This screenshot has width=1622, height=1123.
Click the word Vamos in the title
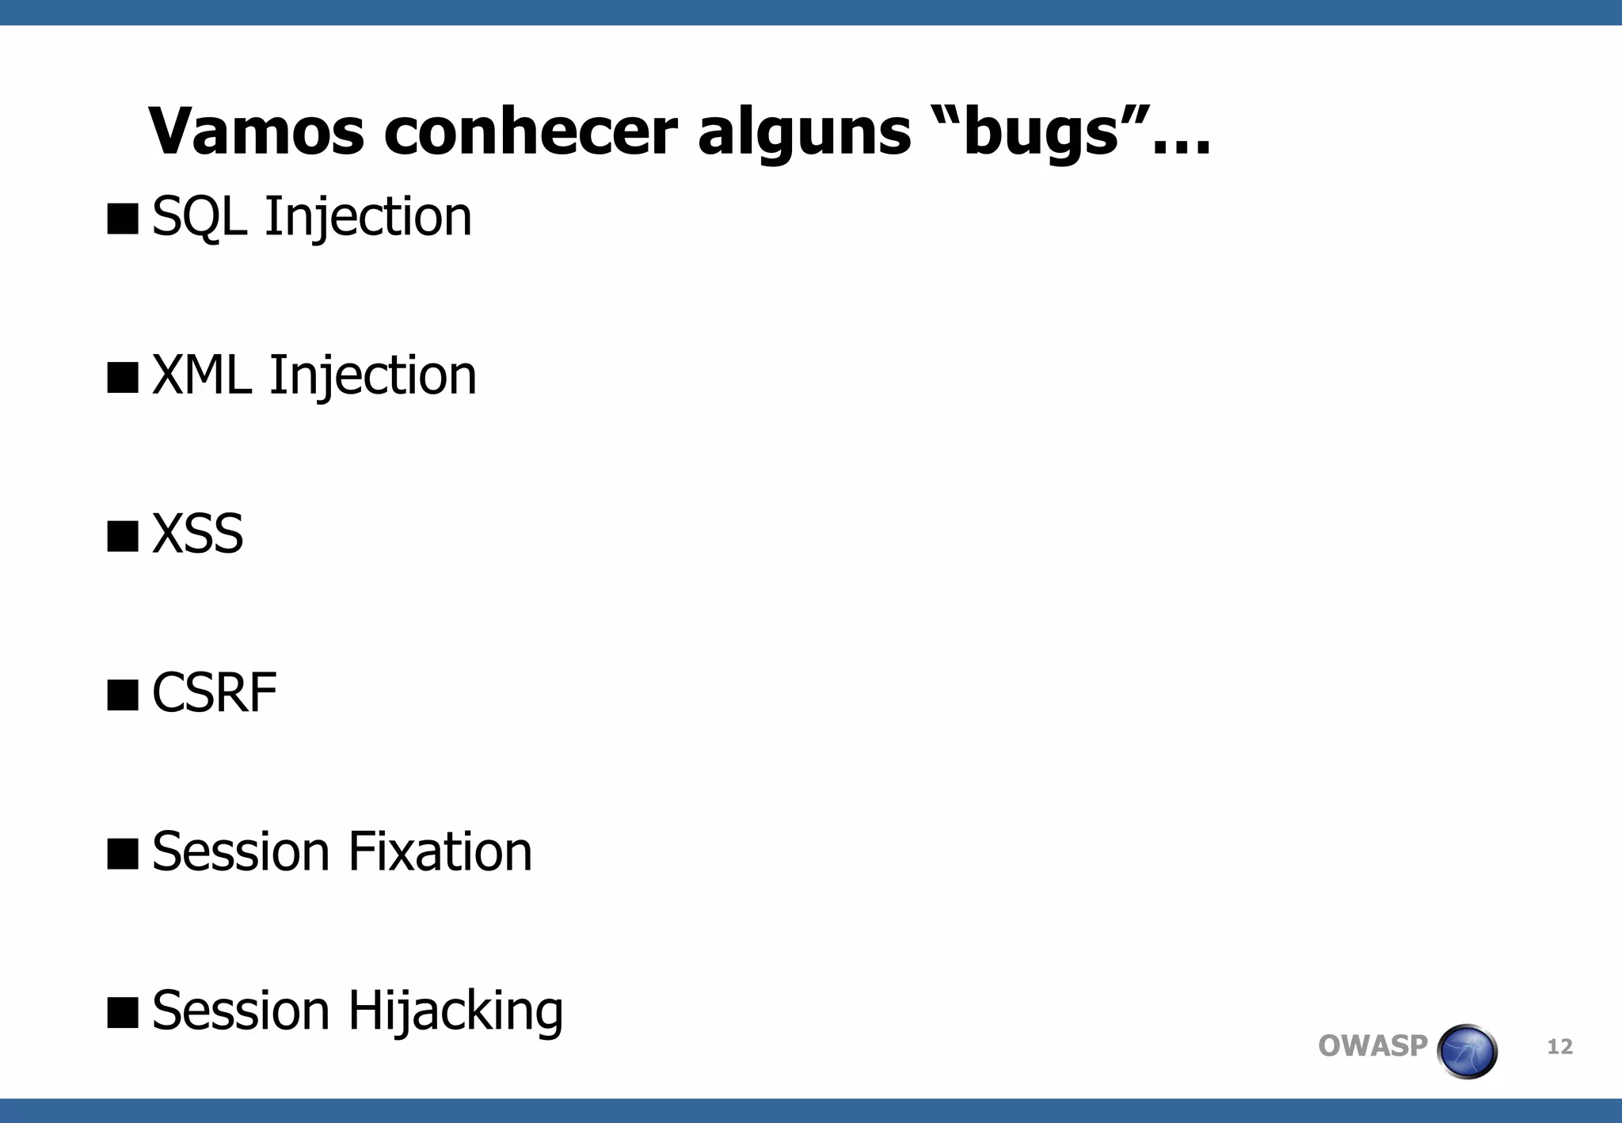pos(256,131)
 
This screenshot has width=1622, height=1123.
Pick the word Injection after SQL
pos(368,217)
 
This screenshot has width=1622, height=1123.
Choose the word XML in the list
pos(202,375)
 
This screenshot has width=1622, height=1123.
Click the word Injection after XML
pos(373,376)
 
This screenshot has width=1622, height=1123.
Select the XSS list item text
pos(197,534)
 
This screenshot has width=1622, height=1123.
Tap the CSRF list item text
pos(214,693)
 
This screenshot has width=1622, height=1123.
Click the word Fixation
pos(440,852)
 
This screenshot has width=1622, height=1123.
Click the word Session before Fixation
pos(240,852)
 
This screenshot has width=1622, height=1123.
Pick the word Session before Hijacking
pos(240,1011)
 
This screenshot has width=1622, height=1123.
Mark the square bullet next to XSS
pos(123,536)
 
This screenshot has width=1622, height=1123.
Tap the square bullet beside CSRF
pos(123,695)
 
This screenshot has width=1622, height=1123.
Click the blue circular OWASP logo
pos(1467,1051)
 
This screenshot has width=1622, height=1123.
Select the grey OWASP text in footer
pos(1372,1046)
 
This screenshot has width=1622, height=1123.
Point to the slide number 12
pos(1559,1047)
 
